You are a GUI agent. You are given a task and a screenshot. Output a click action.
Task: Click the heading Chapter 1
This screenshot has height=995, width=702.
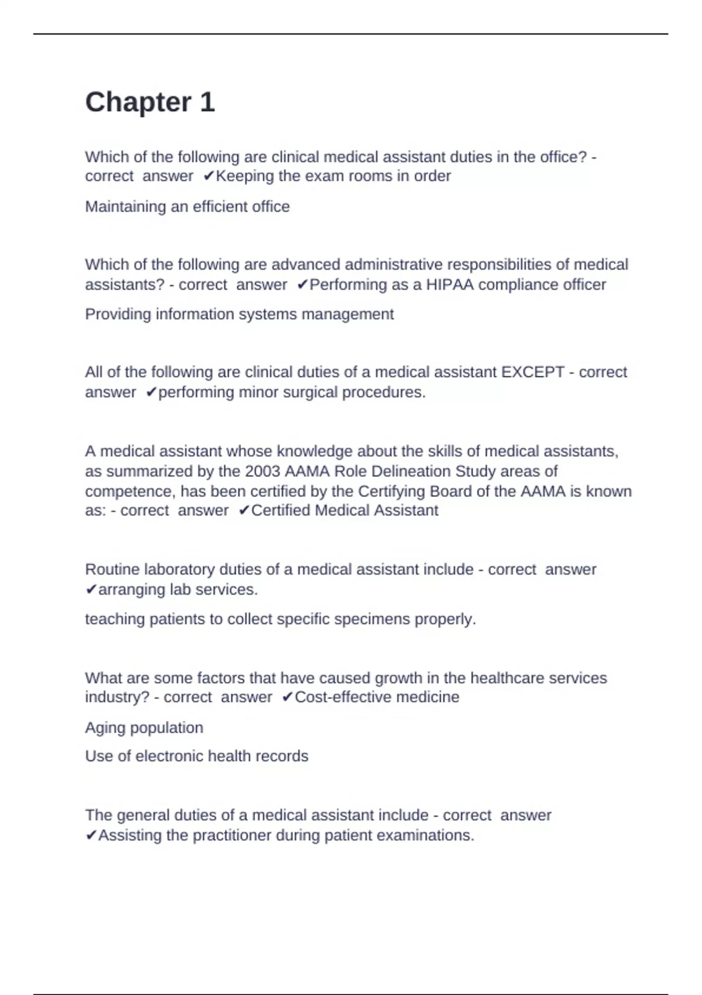(x=150, y=102)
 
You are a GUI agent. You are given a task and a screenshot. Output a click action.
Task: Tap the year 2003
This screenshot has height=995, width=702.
(x=263, y=472)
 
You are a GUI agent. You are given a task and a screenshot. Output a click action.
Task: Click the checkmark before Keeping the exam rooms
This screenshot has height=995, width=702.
(x=209, y=176)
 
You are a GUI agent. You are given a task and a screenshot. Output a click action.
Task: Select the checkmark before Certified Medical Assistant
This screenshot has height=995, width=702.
(x=244, y=511)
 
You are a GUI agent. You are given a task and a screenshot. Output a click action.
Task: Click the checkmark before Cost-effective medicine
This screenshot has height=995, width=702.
(x=287, y=698)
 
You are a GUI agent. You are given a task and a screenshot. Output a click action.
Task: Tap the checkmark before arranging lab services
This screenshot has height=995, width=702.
(x=91, y=590)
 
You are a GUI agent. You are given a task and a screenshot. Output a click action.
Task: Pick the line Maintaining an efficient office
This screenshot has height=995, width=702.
(x=187, y=207)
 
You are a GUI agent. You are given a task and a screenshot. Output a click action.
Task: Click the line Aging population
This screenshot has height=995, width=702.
(x=144, y=728)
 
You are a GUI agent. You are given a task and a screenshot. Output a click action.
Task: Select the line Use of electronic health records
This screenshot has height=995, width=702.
(x=197, y=756)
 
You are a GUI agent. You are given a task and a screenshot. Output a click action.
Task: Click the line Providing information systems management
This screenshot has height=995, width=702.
(x=239, y=314)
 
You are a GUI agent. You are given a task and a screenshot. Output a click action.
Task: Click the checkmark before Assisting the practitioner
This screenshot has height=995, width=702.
(x=91, y=836)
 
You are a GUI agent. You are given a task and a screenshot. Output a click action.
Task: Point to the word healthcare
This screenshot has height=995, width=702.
(x=507, y=678)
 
